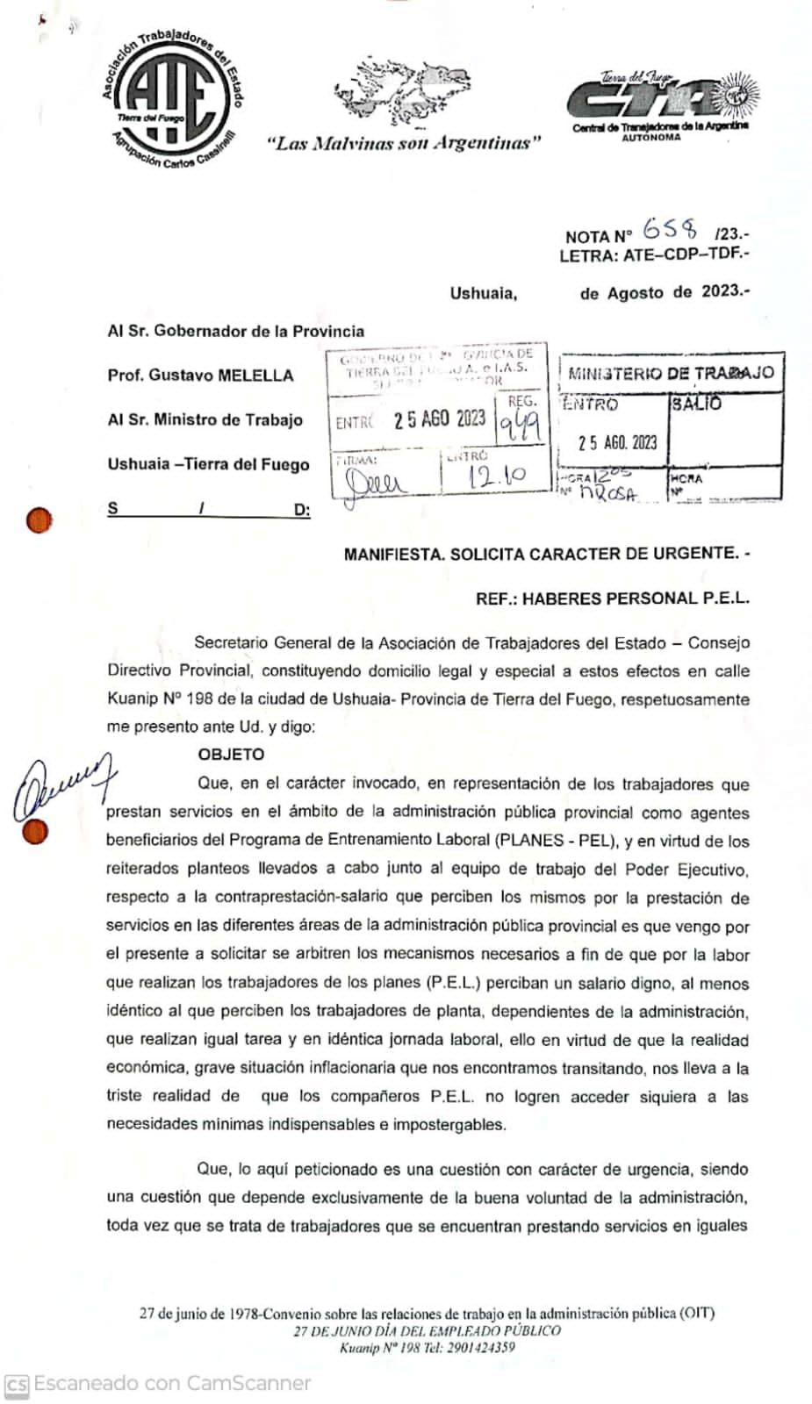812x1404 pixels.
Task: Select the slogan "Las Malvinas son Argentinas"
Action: point(403,143)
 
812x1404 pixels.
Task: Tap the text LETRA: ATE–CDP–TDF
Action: point(654,256)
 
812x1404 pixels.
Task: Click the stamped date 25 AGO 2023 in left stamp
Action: point(439,419)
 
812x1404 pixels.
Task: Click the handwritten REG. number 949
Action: point(520,427)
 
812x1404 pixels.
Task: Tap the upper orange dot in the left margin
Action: point(39,521)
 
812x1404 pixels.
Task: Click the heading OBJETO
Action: point(231,755)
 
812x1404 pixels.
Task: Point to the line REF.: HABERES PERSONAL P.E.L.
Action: point(613,598)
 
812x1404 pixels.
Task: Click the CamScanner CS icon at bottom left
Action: point(18,1385)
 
